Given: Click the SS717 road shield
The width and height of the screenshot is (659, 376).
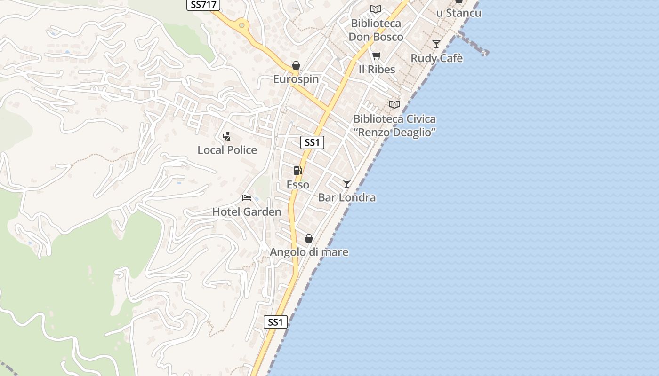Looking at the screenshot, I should [x=204, y=5].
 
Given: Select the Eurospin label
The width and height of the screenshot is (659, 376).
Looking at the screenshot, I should [x=296, y=79].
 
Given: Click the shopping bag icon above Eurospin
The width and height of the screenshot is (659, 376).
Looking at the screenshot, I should [x=296, y=65].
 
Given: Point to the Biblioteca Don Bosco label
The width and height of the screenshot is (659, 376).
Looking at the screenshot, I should [x=376, y=30].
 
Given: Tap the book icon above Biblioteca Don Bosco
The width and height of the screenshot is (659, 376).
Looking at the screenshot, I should [x=376, y=9].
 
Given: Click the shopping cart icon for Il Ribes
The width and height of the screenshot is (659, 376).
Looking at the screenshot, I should [x=376, y=56].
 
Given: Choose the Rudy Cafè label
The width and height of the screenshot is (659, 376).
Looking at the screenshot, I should [x=437, y=58].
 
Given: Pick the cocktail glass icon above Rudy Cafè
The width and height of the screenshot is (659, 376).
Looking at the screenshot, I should [x=436, y=44].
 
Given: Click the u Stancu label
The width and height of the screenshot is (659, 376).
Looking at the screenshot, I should [x=458, y=13].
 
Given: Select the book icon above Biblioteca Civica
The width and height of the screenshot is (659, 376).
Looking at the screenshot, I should [x=394, y=104].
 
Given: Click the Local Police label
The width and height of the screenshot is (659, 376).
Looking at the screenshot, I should [x=227, y=150].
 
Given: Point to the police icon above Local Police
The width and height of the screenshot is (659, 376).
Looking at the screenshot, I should [x=226, y=136].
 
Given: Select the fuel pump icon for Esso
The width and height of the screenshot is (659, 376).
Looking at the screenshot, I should [x=297, y=171].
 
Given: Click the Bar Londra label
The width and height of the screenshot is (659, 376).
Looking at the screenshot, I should [x=347, y=197].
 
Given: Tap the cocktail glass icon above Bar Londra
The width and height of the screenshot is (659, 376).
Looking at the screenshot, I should [x=347, y=183].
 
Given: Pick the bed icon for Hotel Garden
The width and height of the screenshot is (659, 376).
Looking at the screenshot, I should [x=247, y=198].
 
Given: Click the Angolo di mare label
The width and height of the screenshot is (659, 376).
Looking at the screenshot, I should [x=309, y=252].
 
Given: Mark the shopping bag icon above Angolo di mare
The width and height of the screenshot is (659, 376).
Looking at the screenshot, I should [x=309, y=238].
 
